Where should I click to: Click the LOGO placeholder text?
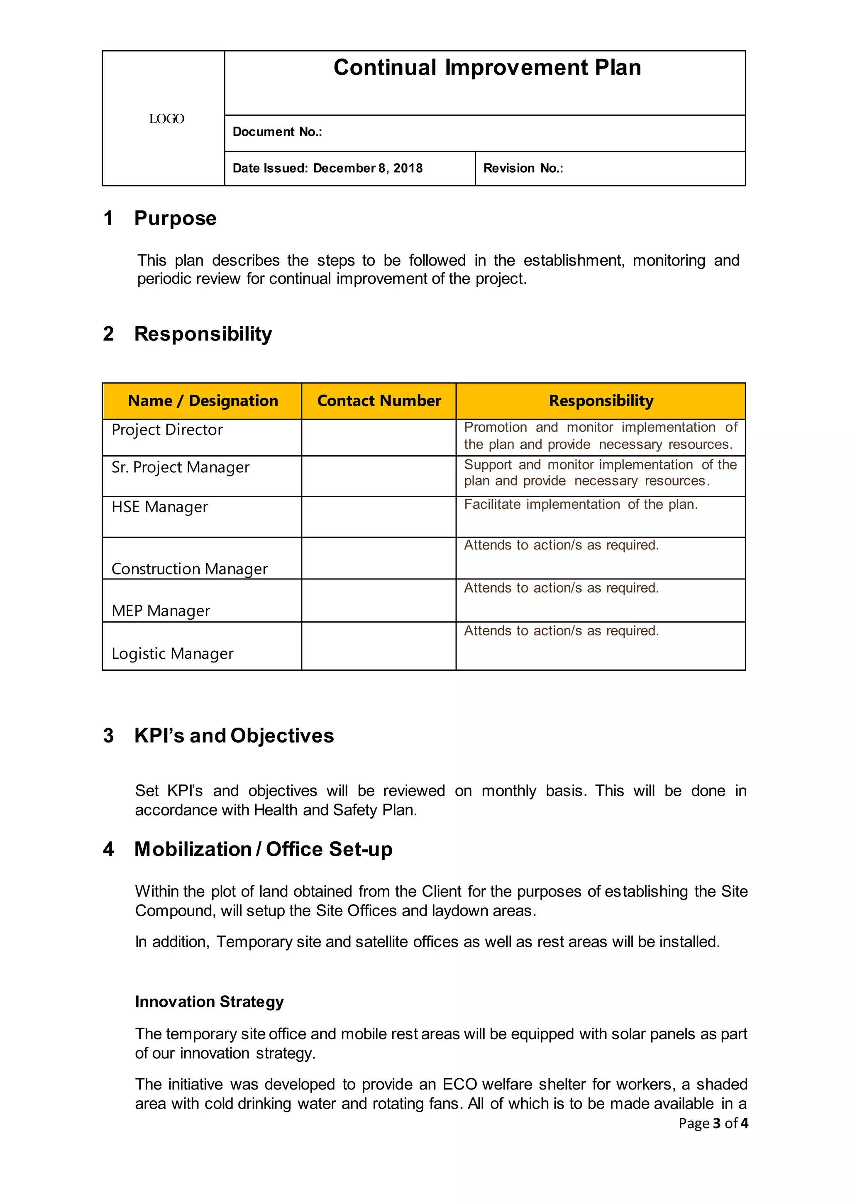[x=166, y=119]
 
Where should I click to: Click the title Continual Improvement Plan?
[x=487, y=68]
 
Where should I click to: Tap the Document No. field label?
[x=277, y=132]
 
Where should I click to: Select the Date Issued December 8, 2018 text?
[x=327, y=168]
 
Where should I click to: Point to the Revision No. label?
[x=523, y=168]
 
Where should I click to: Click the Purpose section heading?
[x=175, y=218]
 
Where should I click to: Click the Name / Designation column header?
[x=203, y=401]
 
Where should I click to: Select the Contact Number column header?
[x=379, y=401]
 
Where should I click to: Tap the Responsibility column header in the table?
[x=601, y=401]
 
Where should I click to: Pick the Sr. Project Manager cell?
[x=181, y=467]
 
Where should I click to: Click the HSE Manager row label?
[x=160, y=507]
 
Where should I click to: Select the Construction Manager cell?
[x=190, y=569]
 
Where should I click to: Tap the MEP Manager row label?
[x=161, y=611]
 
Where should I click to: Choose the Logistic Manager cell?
[x=172, y=653]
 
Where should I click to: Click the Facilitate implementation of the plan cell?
[x=581, y=505]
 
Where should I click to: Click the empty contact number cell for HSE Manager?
[x=379, y=517]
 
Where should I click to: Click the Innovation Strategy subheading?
[x=209, y=1002]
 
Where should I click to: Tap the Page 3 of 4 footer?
[x=713, y=1123]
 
